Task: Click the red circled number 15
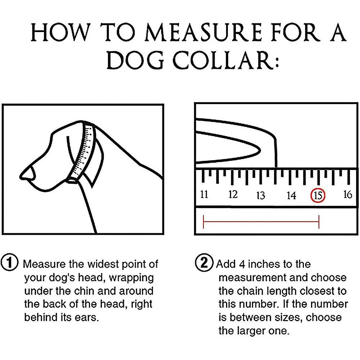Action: [x=318, y=195]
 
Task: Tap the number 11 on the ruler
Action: [x=204, y=195]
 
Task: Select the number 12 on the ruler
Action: [x=233, y=195]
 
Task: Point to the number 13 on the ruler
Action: [x=261, y=195]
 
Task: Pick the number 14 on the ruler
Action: [x=291, y=195]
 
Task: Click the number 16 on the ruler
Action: [x=347, y=195]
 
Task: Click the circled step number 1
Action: [x=10, y=262]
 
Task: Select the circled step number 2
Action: [x=204, y=262]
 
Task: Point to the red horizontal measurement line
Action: [x=261, y=222]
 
